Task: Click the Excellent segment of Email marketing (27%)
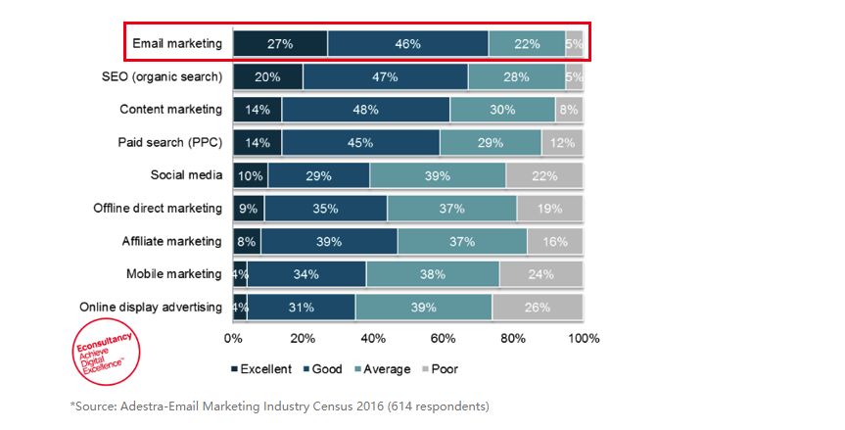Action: [280, 44]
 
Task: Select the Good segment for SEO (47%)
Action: [385, 76]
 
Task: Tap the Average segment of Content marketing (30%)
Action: [502, 110]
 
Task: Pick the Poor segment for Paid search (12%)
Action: [562, 143]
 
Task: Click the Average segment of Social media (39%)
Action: [438, 176]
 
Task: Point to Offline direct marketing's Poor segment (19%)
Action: [549, 209]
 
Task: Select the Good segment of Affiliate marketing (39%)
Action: [329, 242]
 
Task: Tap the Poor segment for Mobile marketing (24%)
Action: [541, 274]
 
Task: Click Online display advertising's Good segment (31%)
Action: [301, 308]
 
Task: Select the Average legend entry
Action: [379, 369]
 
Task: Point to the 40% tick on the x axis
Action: [373, 338]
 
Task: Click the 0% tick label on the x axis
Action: [233, 338]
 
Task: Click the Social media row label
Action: [185, 176]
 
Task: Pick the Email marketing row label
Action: [177, 44]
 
